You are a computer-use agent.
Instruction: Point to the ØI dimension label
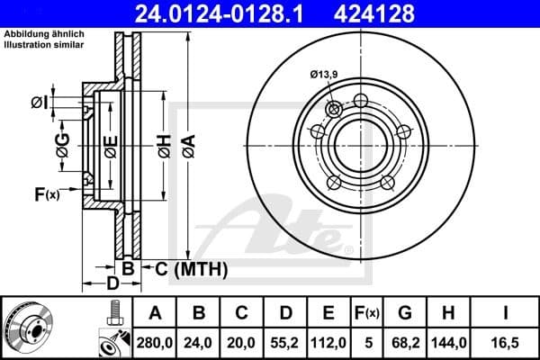click(x=39, y=102)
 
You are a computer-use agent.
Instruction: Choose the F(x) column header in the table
click(x=367, y=312)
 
